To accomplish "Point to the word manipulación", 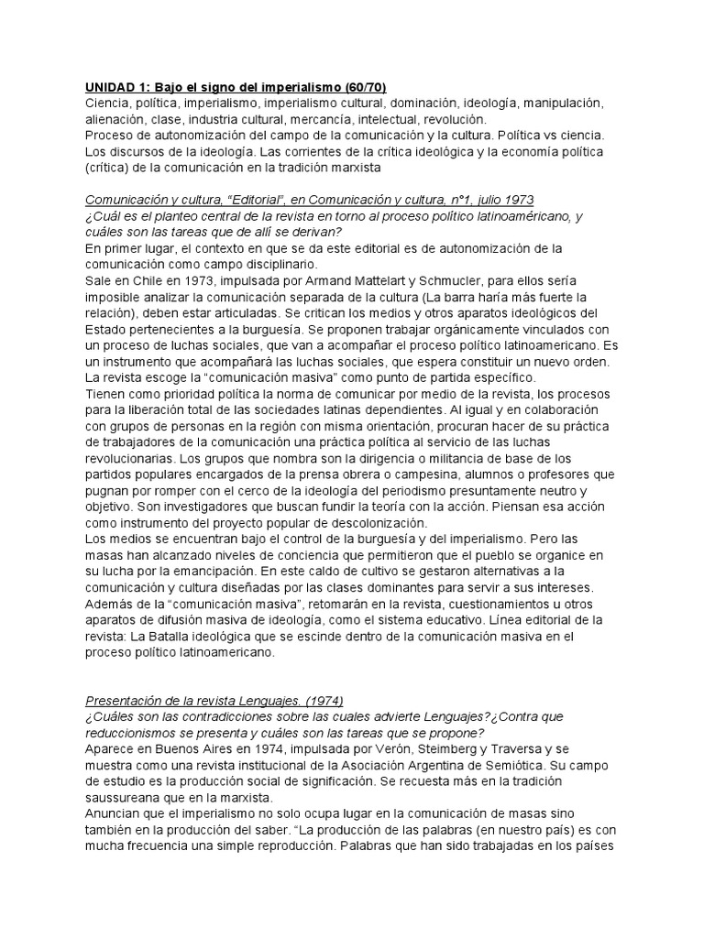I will pyautogui.click(x=560, y=103).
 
